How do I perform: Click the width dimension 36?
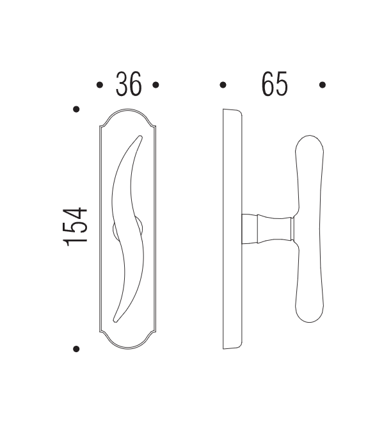click(x=128, y=85)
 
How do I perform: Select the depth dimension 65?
click(x=274, y=85)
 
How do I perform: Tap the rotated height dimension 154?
click(x=76, y=226)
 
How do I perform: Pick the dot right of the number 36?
click(x=156, y=85)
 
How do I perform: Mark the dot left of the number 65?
click(x=223, y=85)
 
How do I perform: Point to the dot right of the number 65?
click(x=323, y=85)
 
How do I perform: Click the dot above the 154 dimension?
click(x=76, y=109)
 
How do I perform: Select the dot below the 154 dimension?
click(x=76, y=349)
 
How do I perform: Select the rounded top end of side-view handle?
click(x=310, y=143)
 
